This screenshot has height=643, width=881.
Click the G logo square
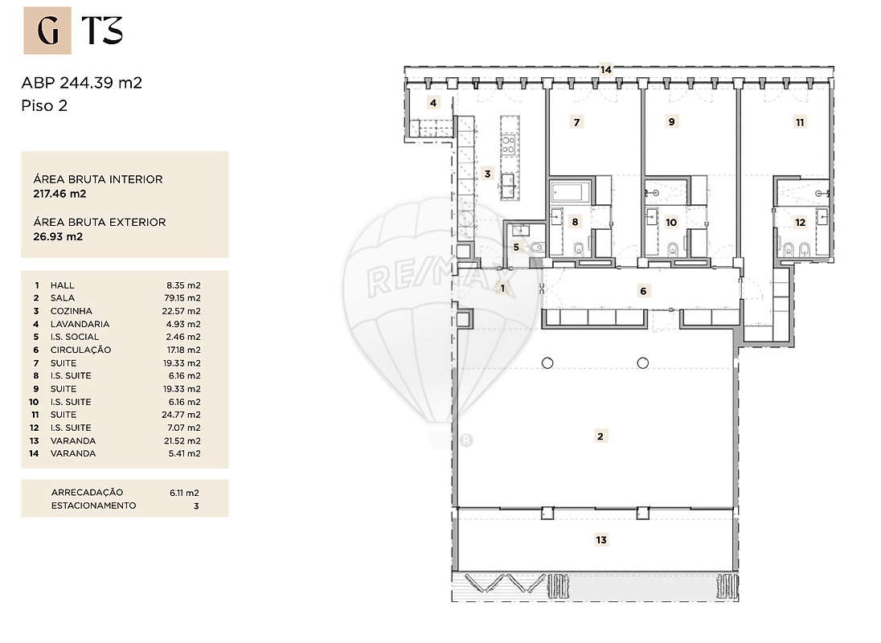[x=47, y=31]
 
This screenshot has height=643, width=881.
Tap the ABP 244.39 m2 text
[x=81, y=83]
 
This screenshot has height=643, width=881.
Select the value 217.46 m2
[x=59, y=194]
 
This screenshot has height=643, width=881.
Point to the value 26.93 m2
[x=58, y=236]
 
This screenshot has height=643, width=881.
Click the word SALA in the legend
[x=63, y=298]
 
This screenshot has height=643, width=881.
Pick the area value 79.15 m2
[x=182, y=298]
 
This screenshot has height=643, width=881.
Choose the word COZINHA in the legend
[x=72, y=311]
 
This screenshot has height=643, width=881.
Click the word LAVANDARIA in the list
[x=80, y=324]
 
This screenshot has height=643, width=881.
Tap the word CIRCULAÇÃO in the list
[x=81, y=350]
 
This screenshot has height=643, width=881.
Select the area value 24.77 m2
[x=182, y=415]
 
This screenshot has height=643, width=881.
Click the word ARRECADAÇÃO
[x=87, y=493]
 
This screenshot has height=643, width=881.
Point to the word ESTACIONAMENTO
[x=93, y=506]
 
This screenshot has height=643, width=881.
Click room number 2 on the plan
[x=600, y=436]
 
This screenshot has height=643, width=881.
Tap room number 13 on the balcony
[x=601, y=540]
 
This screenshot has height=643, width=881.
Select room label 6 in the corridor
[x=643, y=291]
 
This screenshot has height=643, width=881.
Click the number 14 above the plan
[x=606, y=70]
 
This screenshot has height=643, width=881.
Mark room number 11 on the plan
[x=800, y=122]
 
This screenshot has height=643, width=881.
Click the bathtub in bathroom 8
[x=571, y=192]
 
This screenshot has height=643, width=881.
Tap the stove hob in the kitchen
[x=509, y=144]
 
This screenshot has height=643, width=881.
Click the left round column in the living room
[x=547, y=363]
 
